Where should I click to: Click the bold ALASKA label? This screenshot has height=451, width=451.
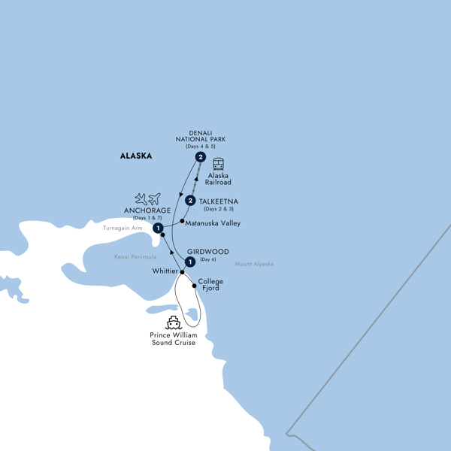136,156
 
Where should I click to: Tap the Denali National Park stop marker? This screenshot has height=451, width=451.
201,158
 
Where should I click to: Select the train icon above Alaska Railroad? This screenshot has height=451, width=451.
219,165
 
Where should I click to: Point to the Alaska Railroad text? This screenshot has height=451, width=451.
219,179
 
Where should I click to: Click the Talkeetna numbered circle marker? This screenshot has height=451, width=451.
191,201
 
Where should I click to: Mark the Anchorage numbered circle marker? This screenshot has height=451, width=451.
159,229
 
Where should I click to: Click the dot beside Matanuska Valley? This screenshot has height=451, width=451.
183,221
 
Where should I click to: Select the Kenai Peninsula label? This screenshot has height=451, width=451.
133,257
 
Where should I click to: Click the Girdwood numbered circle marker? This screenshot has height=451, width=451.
191,262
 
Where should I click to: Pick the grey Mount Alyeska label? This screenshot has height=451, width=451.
254,264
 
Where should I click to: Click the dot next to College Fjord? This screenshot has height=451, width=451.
195,286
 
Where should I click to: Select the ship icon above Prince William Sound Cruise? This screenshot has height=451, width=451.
174,322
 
